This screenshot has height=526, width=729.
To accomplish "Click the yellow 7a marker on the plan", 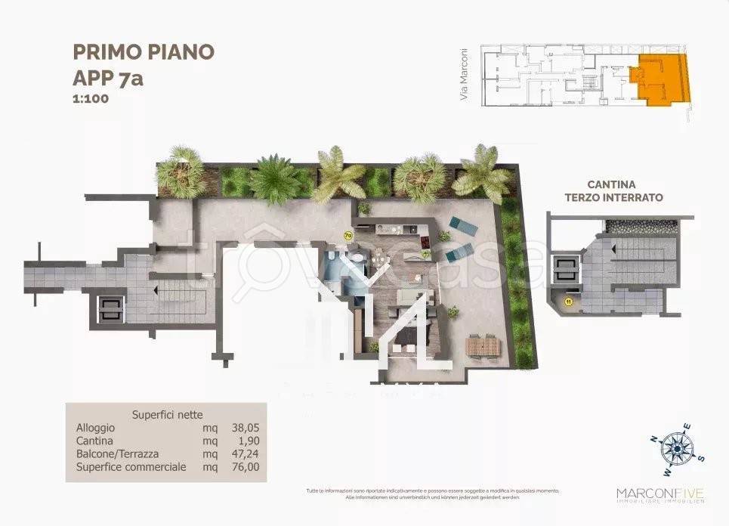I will coord(348,235).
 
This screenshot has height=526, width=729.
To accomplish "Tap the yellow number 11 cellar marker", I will coord(567,302).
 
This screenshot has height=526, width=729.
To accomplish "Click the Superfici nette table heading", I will coord(167,414).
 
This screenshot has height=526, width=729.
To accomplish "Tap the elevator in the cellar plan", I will coord(566,270).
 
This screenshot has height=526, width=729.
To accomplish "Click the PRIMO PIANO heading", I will coord(144,51).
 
